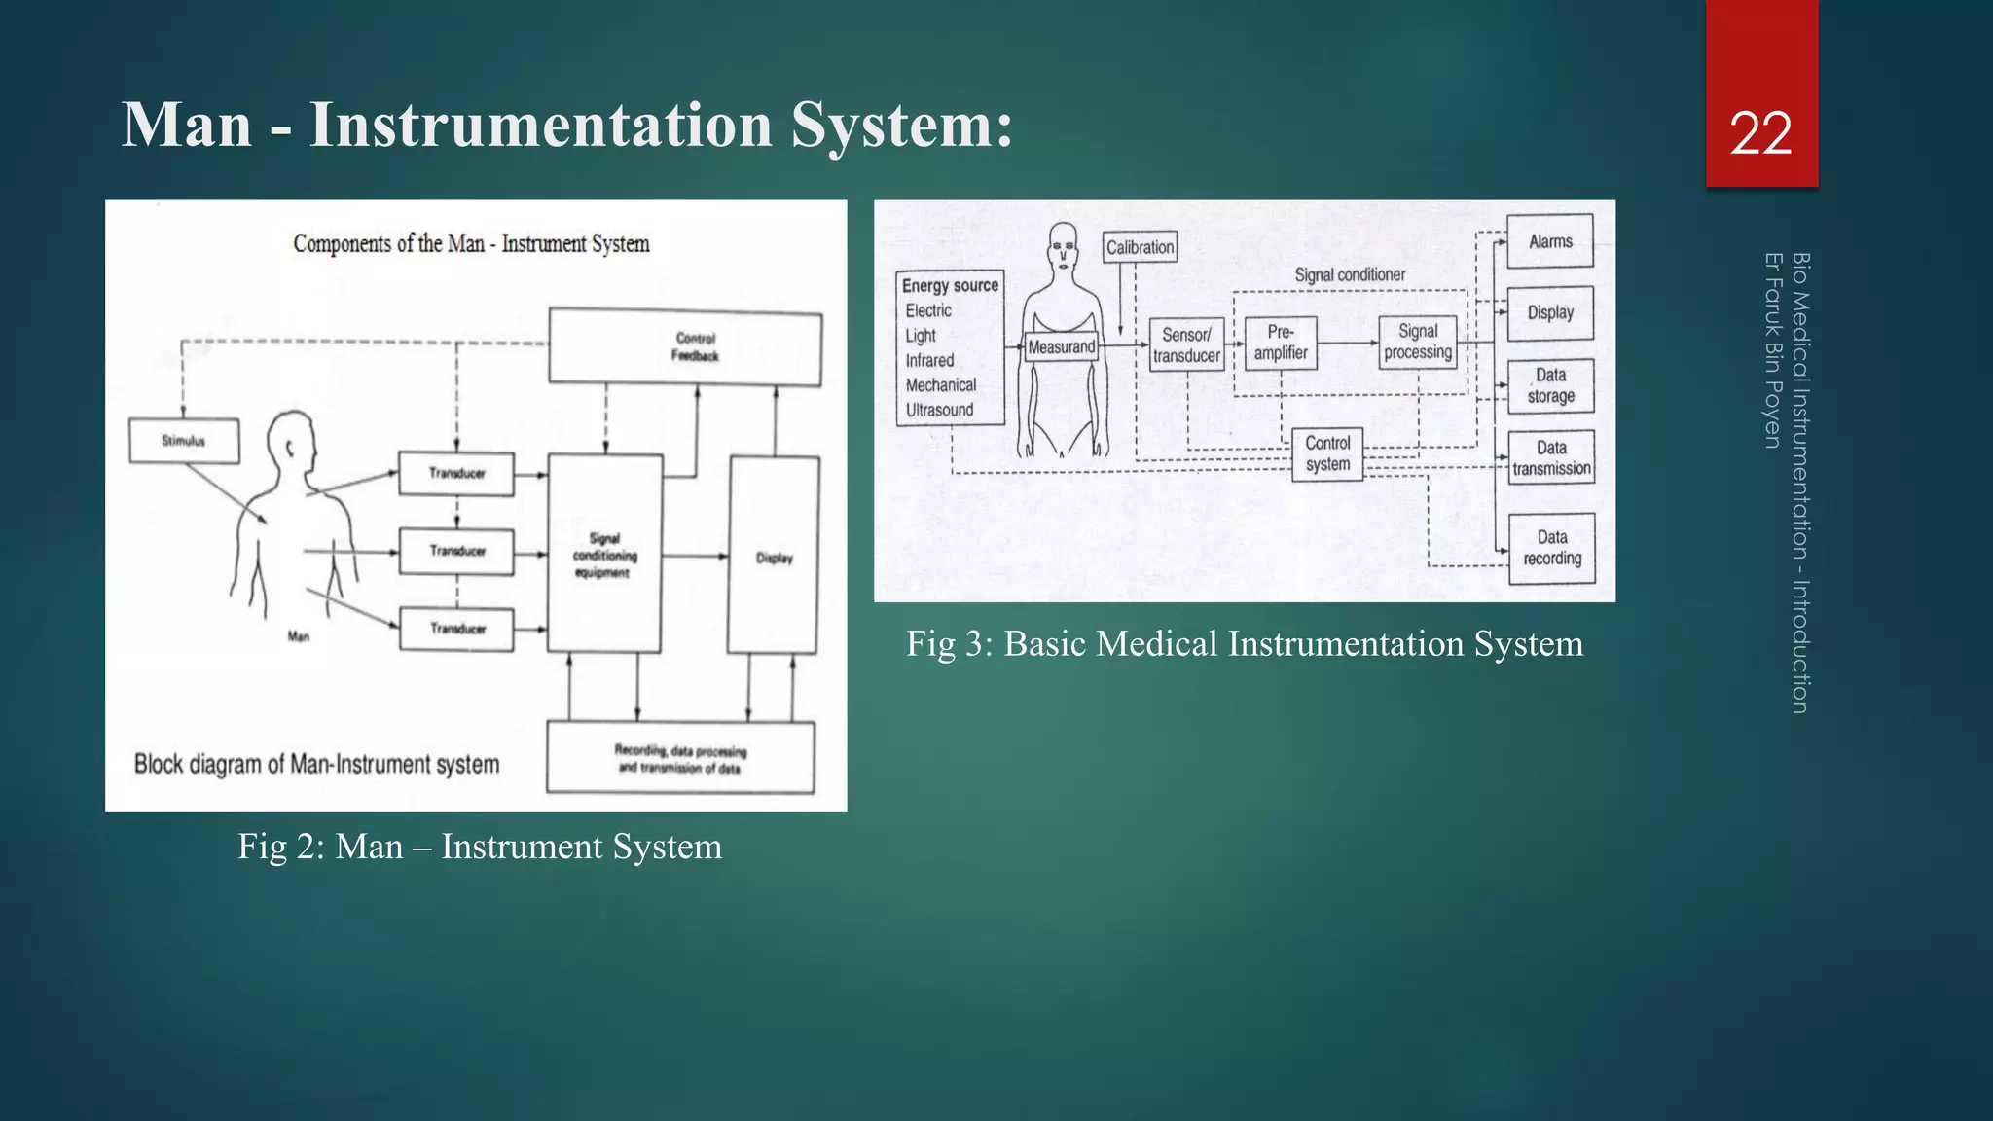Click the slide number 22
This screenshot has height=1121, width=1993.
tap(1760, 133)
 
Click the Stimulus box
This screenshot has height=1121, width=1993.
tap(184, 441)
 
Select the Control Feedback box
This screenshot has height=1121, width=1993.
tap(685, 347)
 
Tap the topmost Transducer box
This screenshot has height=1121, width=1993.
tap(456, 474)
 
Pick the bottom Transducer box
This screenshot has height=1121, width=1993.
tap(456, 629)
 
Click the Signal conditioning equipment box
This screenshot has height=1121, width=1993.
tap(604, 555)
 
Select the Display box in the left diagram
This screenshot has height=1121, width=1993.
tap(774, 557)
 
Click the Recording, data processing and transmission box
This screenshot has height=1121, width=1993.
tap(680, 758)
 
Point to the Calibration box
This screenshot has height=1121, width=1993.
tap(1140, 247)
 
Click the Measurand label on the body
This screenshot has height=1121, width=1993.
tap(1062, 347)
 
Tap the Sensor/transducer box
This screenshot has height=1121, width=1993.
tap(1186, 345)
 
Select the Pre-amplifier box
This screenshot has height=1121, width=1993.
tap(1281, 344)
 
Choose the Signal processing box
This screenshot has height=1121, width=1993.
tap(1418, 343)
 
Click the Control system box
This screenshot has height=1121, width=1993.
tap(1327, 453)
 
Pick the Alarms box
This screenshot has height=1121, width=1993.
tap(1550, 241)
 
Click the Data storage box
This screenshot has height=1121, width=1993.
tap(1550, 385)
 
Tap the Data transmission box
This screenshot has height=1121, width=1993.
tap(1551, 457)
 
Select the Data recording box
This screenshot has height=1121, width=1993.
tap(1552, 548)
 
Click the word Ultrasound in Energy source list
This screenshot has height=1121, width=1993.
tap(939, 410)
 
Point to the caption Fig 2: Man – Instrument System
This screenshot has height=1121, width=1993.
tap(480, 847)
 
